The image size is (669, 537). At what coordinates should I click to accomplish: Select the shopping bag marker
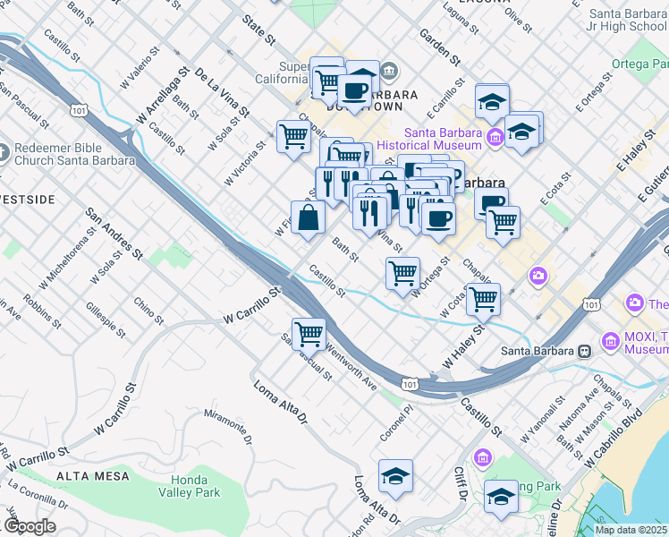click(x=308, y=218)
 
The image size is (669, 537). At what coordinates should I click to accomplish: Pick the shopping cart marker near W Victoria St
click(x=293, y=137)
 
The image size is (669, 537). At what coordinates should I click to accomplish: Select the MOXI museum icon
click(x=611, y=341)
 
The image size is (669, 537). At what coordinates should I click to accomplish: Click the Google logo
click(x=30, y=526)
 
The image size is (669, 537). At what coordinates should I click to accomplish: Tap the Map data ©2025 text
click(x=631, y=530)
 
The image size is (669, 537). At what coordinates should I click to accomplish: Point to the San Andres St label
click(x=114, y=234)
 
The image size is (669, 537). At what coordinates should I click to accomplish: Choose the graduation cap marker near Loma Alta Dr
click(x=395, y=476)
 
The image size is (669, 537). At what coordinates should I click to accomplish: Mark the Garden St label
click(x=442, y=47)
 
